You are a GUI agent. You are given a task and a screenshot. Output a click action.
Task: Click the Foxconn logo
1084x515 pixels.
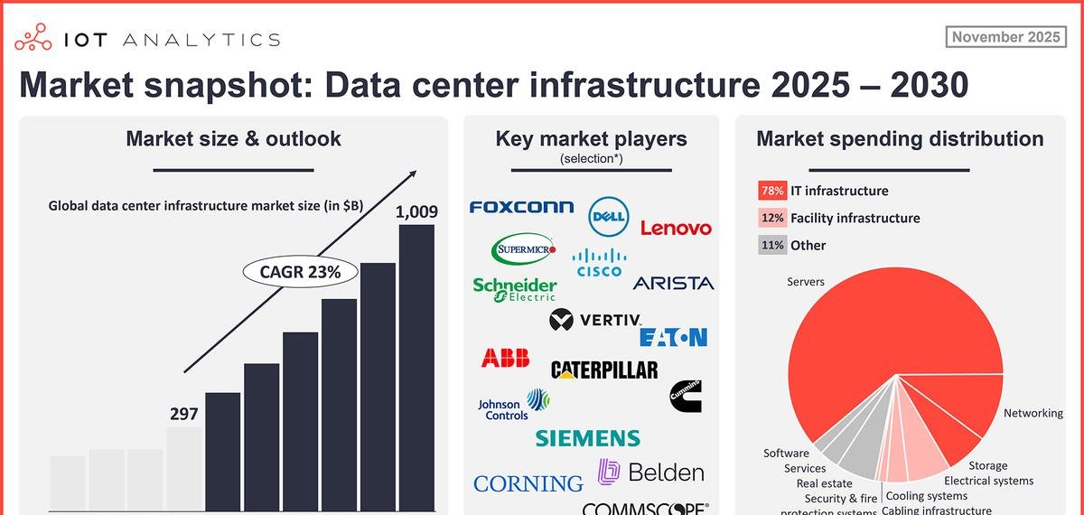tap(521, 207)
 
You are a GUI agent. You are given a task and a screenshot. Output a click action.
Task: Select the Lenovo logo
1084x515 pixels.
tap(676, 229)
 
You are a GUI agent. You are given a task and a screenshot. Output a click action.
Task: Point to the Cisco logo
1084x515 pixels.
tap(599, 262)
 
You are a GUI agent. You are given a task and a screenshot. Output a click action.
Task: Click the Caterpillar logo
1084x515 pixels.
tap(604, 370)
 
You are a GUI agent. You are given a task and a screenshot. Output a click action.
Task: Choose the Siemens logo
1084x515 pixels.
tap(587, 438)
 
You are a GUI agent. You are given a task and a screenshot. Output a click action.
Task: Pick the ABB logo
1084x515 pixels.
tap(505, 358)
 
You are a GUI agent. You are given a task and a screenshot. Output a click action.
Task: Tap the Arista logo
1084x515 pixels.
tap(673, 283)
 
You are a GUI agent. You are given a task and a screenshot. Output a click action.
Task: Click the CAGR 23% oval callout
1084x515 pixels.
tap(302, 272)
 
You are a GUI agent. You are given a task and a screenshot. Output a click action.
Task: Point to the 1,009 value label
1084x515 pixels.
tap(416, 212)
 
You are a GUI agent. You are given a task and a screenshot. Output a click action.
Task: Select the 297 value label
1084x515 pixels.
tap(184, 414)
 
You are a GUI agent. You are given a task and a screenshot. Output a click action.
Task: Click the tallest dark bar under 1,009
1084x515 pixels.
tap(416, 366)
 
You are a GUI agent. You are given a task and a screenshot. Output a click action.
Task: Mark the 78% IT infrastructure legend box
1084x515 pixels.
tap(771, 191)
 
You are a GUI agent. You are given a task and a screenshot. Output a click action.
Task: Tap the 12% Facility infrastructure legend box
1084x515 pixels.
tap(771, 218)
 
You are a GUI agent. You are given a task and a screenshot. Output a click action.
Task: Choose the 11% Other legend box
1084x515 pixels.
tap(771, 245)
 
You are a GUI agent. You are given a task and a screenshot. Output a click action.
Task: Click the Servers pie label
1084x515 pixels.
tap(806, 282)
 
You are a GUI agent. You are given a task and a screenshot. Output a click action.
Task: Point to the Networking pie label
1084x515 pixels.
tap(1033, 413)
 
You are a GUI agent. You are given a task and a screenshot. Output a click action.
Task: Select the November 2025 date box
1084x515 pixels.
tap(1005, 37)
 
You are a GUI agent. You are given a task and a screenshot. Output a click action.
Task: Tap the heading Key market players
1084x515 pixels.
tap(591, 139)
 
